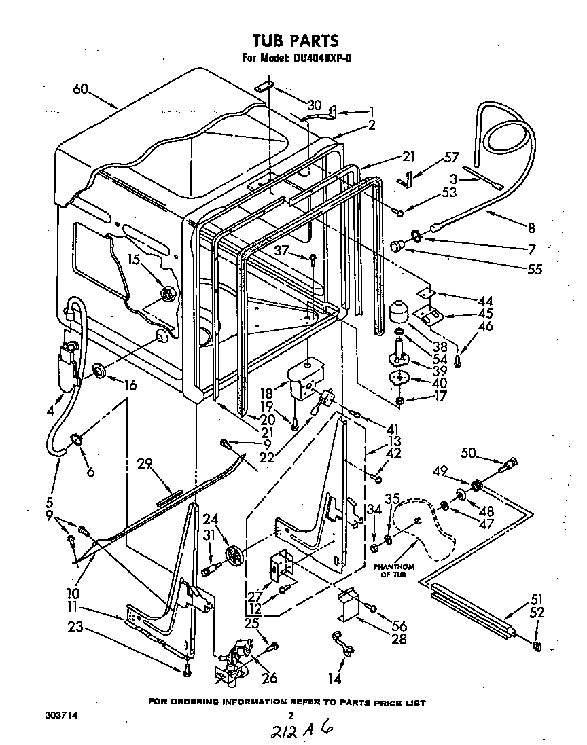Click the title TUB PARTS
(295, 41)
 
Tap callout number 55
(535, 270)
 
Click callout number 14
(336, 678)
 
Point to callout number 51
(537, 598)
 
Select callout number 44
(485, 300)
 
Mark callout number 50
(468, 452)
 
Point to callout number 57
(452, 158)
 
